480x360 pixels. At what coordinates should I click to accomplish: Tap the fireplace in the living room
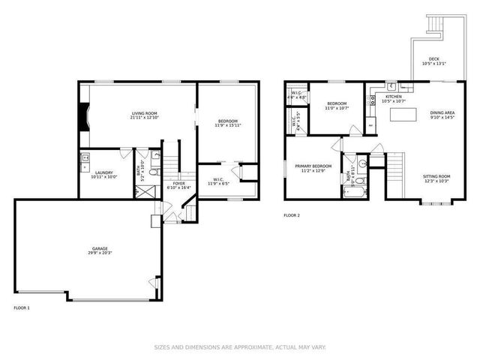pyautogui.click(x=83, y=117)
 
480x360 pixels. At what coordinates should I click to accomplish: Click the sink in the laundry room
pyautogui.click(x=85, y=157)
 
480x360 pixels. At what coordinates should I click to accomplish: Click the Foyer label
pyautogui.click(x=178, y=183)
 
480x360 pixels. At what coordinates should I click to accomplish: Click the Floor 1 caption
pyautogui.click(x=22, y=307)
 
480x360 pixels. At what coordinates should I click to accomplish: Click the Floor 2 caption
pyautogui.click(x=291, y=215)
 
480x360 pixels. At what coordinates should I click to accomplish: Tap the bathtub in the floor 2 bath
pyautogui.click(x=351, y=193)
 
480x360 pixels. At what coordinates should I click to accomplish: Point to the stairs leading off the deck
pyautogui.click(x=433, y=26)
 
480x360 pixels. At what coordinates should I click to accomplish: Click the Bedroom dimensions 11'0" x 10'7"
pyautogui.click(x=337, y=109)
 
